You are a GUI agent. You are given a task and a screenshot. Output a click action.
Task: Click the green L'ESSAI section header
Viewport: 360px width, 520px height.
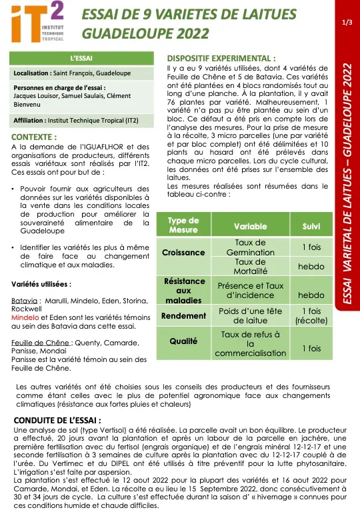pyautogui.click(x=81, y=59)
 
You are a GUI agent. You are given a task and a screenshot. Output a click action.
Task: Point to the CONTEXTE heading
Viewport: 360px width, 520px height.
pyautogui.click(x=35, y=137)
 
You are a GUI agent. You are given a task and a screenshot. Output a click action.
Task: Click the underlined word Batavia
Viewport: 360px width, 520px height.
pyautogui.click(x=25, y=301)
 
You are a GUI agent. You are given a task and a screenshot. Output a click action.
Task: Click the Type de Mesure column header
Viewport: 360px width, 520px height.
pyautogui.click(x=183, y=225)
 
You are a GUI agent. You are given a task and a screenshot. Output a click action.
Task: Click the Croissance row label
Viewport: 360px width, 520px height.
pyautogui.click(x=183, y=253)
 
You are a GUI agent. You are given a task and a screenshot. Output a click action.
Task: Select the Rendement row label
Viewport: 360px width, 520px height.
pyautogui.click(x=183, y=316)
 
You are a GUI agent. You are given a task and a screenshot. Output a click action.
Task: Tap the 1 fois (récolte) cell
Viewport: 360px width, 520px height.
pyautogui.click(x=311, y=316)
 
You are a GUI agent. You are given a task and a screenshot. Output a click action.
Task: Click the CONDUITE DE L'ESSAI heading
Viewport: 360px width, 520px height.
pyautogui.click(x=57, y=421)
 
